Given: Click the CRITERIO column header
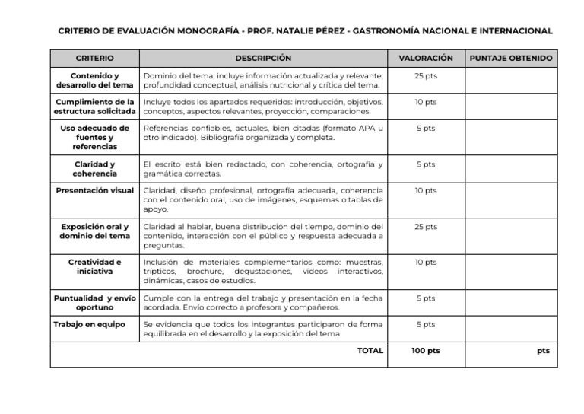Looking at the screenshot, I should pos(95,58).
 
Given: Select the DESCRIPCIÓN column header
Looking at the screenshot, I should pos(263,58).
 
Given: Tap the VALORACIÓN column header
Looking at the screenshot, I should pos(425,58).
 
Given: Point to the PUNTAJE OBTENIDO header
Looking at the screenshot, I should pos(511,58).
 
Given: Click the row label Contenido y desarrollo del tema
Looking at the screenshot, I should pos(95,81).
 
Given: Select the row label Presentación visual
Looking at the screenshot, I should pos(95,190).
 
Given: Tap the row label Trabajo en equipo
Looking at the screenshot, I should pos(90,324).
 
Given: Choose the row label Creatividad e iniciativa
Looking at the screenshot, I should pos(95,266).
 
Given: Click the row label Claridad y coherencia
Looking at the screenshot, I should pos(95,168).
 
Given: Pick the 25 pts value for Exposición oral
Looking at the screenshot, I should pos(425,227).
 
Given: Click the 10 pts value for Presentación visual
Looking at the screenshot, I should pos(425,190).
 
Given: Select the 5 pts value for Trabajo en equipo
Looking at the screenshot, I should pos(425,324).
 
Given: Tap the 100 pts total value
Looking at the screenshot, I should pos(425,351).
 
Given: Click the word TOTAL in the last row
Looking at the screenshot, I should pos(370,351).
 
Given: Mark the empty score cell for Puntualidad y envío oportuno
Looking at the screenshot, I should pos(511,303).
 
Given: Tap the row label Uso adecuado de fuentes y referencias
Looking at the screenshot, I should pos(95,137).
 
